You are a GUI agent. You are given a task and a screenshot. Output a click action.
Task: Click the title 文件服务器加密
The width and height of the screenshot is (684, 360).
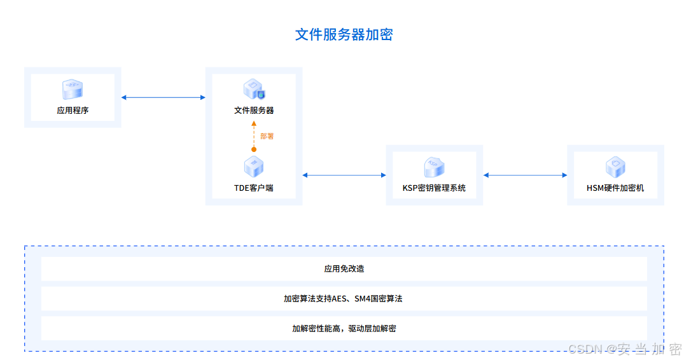[x=344, y=34]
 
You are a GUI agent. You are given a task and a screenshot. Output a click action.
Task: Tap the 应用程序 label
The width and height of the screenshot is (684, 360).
[x=73, y=111]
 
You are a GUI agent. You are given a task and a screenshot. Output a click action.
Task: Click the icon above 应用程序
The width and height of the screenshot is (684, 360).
[x=73, y=89]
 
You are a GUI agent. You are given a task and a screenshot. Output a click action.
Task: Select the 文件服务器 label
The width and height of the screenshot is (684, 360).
[x=254, y=111]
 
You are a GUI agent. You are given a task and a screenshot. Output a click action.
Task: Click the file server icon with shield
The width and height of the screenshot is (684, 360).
[x=254, y=90]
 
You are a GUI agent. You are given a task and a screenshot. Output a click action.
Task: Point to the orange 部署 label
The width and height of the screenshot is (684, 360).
[x=267, y=136]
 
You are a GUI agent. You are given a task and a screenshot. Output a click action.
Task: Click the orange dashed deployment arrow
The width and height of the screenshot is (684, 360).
[x=254, y=135]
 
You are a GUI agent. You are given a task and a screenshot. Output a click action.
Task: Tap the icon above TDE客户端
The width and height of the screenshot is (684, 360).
[x=254, y=167]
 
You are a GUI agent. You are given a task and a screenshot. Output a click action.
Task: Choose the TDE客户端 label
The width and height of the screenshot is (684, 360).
[x=254, y=188]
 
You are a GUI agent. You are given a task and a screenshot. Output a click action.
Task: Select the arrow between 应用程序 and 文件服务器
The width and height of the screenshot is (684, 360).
[x=163, y=97]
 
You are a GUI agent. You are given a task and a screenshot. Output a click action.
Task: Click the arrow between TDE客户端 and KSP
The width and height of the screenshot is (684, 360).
[x=344, y=175]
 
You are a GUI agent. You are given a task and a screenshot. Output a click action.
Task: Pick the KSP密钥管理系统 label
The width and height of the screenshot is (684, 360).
[x=434, y=188]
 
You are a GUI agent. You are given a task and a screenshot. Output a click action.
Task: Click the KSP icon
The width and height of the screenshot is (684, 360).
[x=434, y=167]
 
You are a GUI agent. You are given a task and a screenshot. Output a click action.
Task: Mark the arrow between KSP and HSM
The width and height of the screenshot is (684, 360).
[x=525, y=175]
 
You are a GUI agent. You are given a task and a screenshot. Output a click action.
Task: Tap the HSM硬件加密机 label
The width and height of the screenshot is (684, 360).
[x=615, y=188]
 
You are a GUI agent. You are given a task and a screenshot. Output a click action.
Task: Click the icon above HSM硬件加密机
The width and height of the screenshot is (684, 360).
[x=615, y=167]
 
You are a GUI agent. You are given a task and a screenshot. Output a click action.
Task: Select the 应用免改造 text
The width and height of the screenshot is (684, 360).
[x=344, y=269]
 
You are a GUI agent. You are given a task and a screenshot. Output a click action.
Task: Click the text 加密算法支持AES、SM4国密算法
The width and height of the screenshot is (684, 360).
[x=343, y=299]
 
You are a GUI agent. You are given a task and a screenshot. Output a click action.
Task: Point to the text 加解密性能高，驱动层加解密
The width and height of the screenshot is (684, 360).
[x=344, y=329]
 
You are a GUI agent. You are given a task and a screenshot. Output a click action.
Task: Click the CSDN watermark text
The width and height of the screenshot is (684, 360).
[x=624, y=349]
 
